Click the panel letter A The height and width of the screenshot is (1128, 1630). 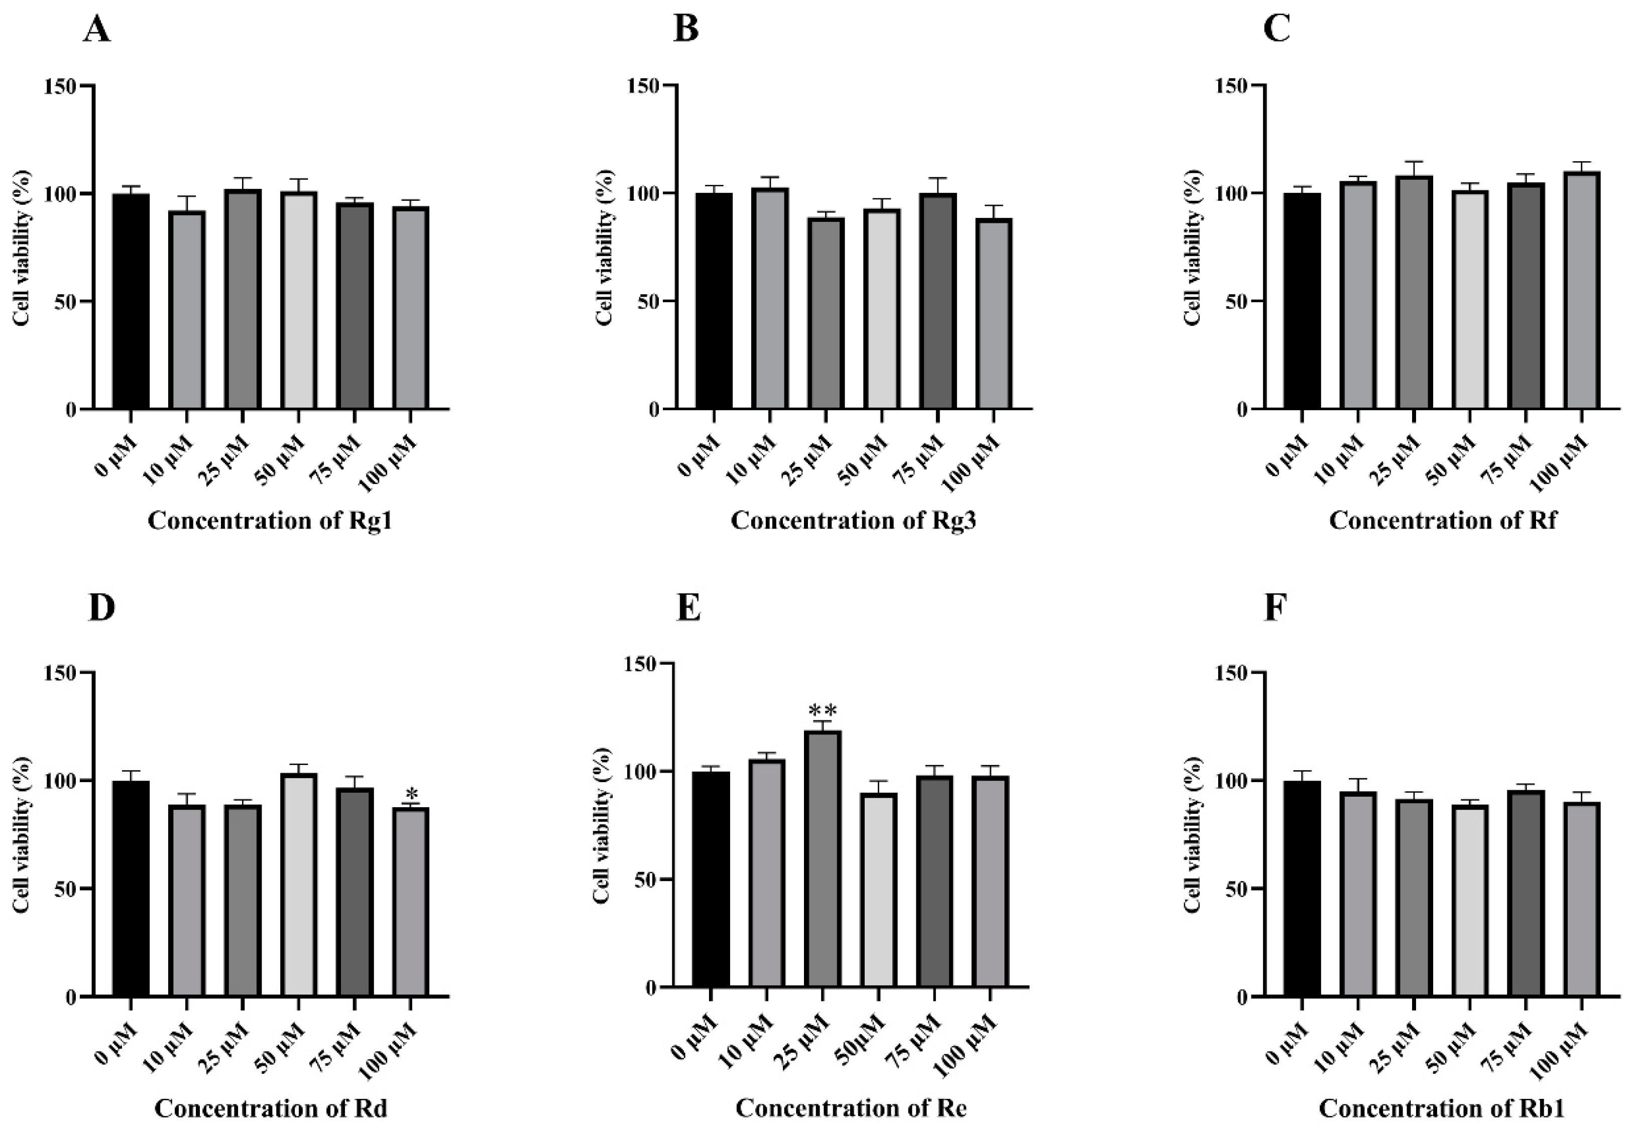(x=97, y=30)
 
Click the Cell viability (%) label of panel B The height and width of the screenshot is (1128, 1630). (x=605, y=247)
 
